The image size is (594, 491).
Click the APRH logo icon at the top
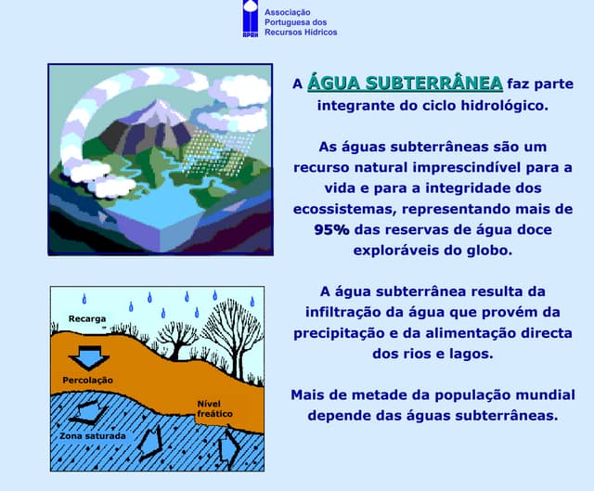pos(251,19)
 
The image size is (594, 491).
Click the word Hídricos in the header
pos(316,32)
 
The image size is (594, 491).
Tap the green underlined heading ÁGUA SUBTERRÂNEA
pos(405,82)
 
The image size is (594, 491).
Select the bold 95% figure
pos(331,229)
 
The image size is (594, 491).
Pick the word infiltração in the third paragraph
pos(347,311)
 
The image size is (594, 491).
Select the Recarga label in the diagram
pos(86,319)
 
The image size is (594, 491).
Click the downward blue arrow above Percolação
pos(91,356)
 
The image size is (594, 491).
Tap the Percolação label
pos(87,381)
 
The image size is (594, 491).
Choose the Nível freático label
pos(213,407)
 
